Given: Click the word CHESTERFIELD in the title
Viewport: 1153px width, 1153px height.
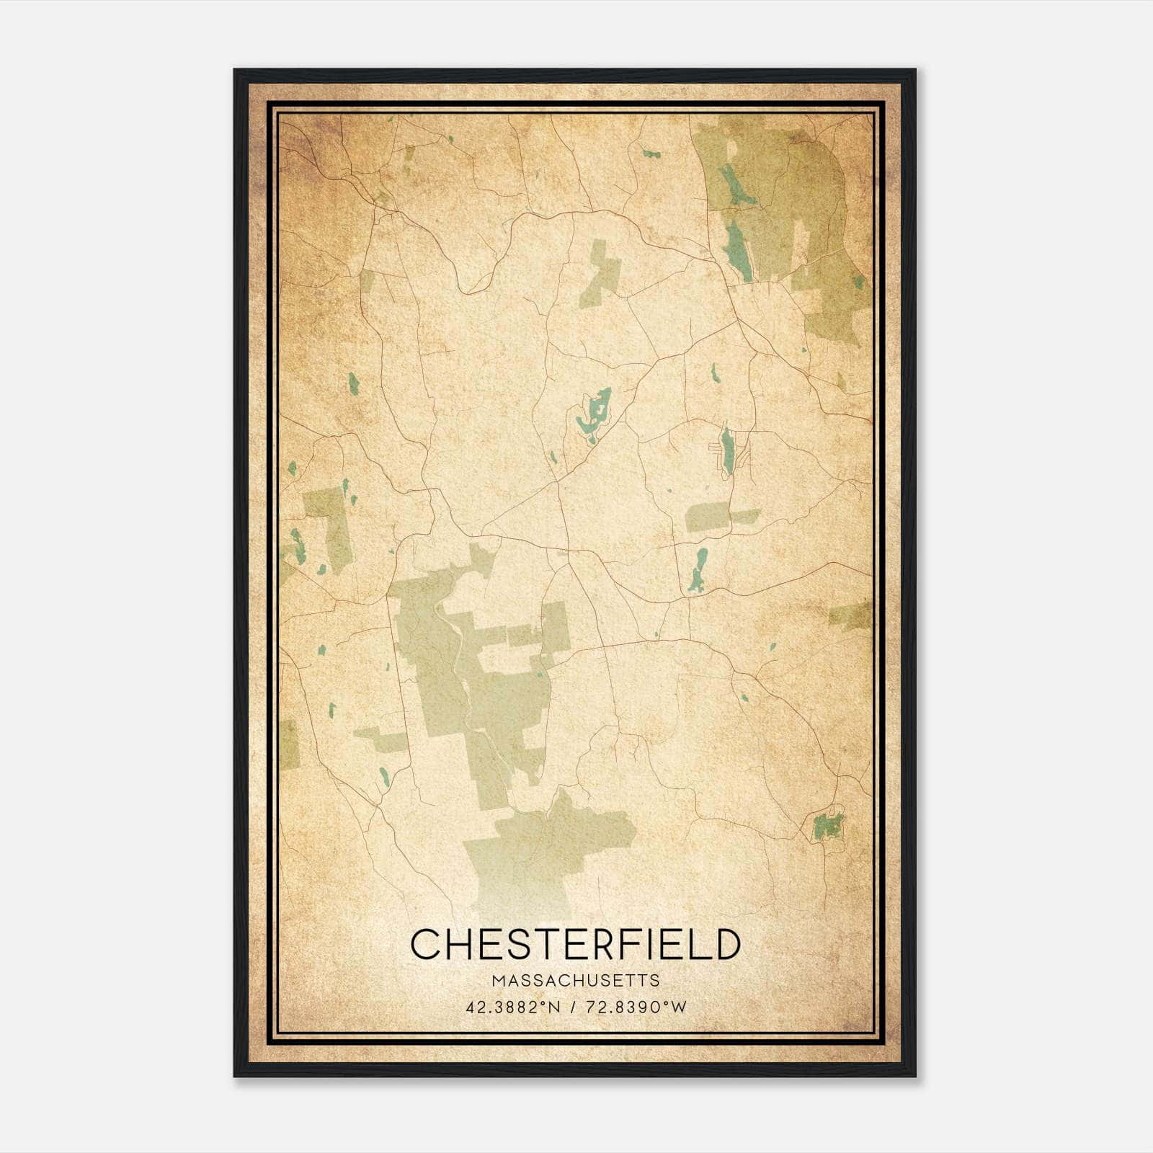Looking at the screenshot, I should pyautogui.click(x=575, y=944).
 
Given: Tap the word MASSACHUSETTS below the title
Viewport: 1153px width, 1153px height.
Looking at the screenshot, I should pyautogui.click(x=575, y=981).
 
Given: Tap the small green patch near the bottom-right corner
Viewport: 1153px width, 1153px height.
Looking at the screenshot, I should pyautogui.click(x=827, y=824).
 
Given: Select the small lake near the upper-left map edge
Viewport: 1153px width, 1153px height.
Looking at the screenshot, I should pyautogui.click(x=353, y=383).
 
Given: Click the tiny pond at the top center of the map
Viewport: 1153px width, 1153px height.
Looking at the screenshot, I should pyautogui.click(x=651, y=153).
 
